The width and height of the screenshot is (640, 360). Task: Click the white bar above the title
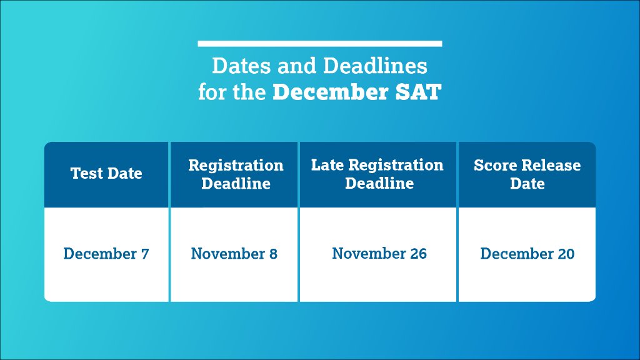point(319,44)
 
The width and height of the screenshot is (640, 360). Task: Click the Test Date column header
point(106,174)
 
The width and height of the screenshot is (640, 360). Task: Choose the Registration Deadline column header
point(236,174)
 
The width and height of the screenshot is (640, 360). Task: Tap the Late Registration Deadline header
point(377,174)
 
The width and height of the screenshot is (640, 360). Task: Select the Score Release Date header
point(527,174)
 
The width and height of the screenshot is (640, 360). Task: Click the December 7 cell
point(106,254)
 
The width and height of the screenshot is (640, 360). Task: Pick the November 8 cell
point(234,254)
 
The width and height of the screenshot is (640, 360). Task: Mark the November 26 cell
point(379,254)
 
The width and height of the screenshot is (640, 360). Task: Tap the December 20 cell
point(527,254)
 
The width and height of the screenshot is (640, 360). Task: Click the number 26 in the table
point(418,254)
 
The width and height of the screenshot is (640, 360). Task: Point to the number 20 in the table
point(565,254)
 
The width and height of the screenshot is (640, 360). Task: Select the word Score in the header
point(494,166)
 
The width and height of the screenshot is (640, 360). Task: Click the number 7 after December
point(145,254)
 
